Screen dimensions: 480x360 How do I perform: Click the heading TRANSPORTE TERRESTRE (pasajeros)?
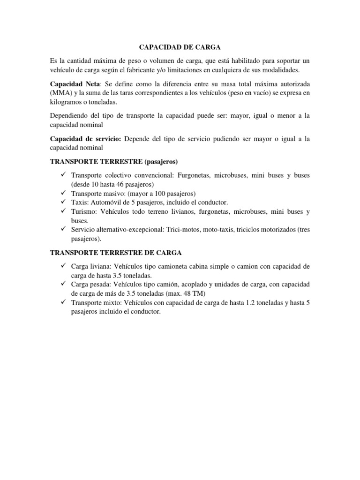pyautogui.click(x=114, y=162)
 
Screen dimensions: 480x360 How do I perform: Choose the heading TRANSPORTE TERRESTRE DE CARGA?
pyautogui.click(x=116, y=253)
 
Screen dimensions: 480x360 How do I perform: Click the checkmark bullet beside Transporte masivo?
pyautogui.click(x=64, y=193)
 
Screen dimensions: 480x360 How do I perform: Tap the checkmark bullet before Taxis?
pyautogui.click(x=64, y=202)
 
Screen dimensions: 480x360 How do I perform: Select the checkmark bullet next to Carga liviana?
pyautogui.click(x=64, y=266)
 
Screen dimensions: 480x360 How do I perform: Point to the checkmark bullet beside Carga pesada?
pyautogui.click(x=64, y=285)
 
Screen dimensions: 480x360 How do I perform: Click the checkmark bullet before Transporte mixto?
pyautogui.click(x=64, y=303)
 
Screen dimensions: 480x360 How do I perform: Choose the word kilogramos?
pyautogui.click(x=68, y=102)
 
